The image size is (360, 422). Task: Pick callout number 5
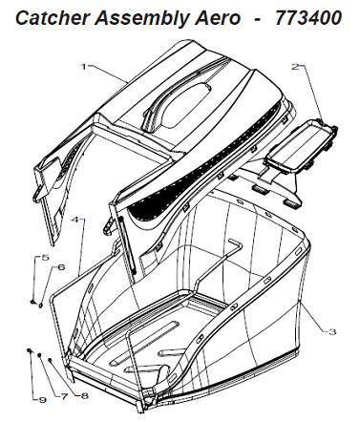click(43, 259)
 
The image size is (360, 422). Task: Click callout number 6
click(60, 267)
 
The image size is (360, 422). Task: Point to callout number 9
click(43, 397)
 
